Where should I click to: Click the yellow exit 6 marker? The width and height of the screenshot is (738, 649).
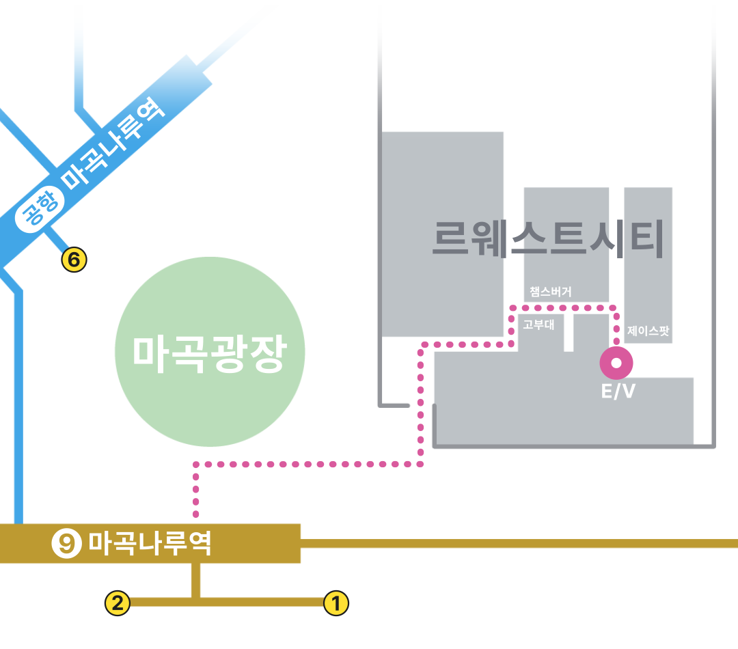point(74,260)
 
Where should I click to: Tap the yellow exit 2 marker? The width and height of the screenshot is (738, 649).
point(117,603)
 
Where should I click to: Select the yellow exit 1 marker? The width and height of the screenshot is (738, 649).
point(336,603)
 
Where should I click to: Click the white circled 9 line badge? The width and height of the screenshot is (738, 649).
point(66,544)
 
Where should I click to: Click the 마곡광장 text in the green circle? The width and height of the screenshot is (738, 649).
point(210,353)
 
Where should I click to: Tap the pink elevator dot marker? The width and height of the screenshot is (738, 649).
point(616,363)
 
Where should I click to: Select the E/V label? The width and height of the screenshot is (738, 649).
point(618,391)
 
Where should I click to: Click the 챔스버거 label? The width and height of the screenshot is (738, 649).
point(550,292)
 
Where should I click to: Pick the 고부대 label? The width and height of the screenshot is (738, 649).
point(538,325)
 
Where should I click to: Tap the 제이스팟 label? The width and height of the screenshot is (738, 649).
point(648,331)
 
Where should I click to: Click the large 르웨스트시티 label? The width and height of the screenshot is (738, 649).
point(548,238)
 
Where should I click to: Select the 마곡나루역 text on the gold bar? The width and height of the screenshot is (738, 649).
point(150,544)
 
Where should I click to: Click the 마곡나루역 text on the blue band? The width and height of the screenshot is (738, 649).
point(113,144)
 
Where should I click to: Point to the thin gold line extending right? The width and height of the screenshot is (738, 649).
point(519,544)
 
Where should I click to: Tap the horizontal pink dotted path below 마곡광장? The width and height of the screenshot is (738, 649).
point(307,465)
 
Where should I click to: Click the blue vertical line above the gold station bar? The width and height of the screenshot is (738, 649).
point(18,410)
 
